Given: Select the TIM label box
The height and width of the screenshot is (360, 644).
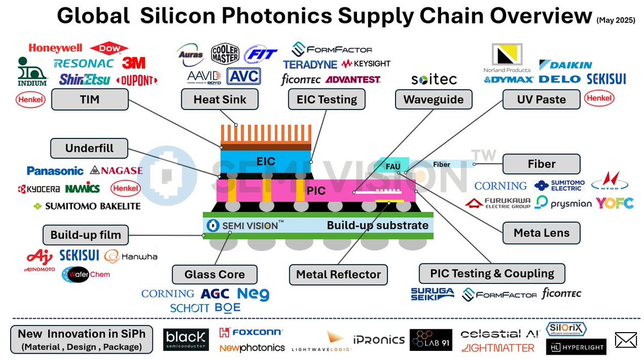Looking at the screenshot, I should click(90, 100).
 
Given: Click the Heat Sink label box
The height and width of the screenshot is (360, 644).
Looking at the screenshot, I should click(220, 100).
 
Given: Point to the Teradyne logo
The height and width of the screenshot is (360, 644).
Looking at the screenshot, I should click(310, 64).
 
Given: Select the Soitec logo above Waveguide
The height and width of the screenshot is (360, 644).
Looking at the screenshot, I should click(434, 79).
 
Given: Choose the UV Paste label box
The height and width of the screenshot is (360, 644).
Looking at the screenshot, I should click(541, 100).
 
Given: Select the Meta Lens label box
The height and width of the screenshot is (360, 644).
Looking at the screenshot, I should click(541, 233).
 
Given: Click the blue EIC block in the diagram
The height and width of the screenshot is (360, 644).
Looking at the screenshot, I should click(266, 161).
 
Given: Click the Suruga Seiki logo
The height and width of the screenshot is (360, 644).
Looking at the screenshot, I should click(432, 293).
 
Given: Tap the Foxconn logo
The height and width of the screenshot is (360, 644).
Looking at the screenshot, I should click(251, 333).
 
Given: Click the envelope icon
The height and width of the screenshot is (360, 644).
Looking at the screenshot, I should click(625, 340).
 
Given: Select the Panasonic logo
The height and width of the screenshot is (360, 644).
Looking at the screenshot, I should click(55, 171).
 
